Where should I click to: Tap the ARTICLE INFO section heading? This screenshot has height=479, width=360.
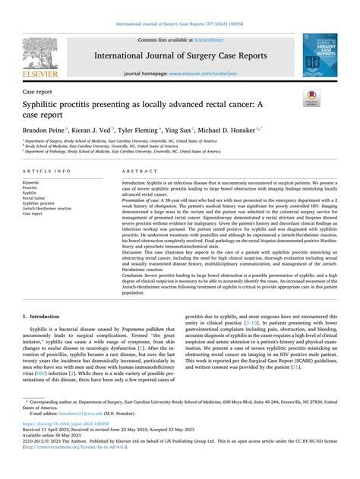[49, 173]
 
